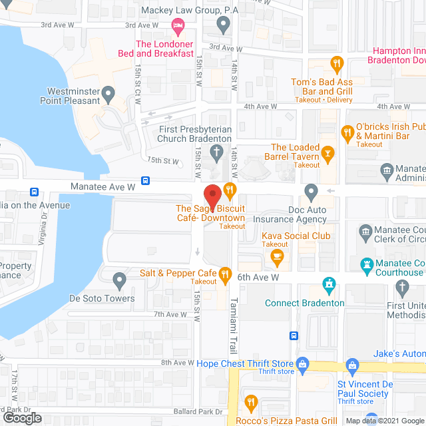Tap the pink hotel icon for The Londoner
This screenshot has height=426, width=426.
tap(178, 27)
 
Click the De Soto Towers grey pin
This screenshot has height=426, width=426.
tap(120, 280)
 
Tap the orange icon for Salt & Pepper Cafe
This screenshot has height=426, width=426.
tap(226, 274)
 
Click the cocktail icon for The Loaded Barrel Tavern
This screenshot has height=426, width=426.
tap(327, 154)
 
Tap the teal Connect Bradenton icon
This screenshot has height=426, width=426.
tap(327, 286)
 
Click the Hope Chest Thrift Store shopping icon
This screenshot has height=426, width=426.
tap(302, 364)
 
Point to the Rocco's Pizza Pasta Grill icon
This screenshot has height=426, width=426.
tap(250, 401)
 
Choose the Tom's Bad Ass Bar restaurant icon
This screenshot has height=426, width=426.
tap(337, 65)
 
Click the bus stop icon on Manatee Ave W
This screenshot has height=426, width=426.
tap(146, 180)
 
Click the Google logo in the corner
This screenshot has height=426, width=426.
tap(22, 417)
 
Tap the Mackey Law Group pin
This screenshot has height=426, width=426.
tap(224, 25)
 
